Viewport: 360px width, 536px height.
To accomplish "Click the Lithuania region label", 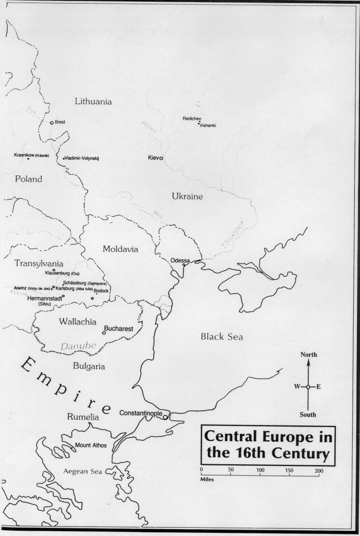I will pos(93,102).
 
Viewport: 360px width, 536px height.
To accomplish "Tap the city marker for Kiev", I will pos(161,158).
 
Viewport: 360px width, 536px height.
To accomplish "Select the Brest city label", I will pos(60,122).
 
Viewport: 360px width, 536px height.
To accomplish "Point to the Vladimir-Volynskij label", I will pos(84,158).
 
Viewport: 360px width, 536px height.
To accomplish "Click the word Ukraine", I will pos(187,196).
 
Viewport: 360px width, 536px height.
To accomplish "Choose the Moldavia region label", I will pos(120,249).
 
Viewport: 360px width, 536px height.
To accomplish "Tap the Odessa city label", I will pos(180,260).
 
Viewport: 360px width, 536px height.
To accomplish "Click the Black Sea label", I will pos(222,337).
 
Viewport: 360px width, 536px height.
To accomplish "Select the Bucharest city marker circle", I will pos(104,332).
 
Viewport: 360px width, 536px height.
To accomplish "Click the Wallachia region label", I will pos(77,320).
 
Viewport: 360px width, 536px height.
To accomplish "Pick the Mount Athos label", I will pos(90,445).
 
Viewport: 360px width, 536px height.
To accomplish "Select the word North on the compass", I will pos(308,355).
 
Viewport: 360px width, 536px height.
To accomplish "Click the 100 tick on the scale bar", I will pos(260,470).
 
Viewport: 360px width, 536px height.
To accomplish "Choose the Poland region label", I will pos(28,179).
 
